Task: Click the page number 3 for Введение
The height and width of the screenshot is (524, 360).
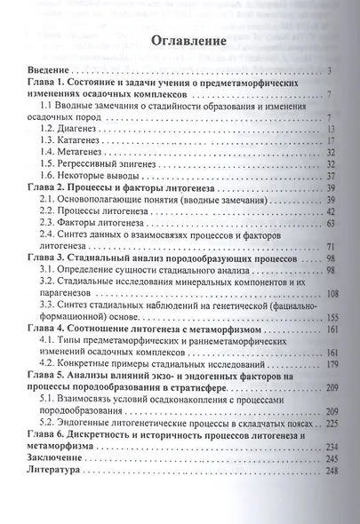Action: pos(329,70)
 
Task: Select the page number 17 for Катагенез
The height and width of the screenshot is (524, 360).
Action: pos(325,141)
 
